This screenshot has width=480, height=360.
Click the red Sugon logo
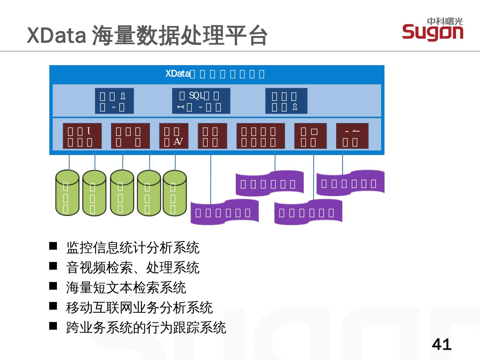coord(432,33)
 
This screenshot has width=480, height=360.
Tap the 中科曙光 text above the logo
coord(445,21)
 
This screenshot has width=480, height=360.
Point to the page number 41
coord(442,344)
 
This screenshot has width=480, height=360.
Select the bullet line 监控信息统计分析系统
coord(133,248)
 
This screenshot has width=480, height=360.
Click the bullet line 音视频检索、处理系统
coord(133,268)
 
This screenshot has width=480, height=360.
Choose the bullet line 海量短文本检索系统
coord(126,288)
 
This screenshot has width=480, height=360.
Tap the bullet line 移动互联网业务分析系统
coord(139,308)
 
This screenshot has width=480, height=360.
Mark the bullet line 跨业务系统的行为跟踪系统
coord(146,328)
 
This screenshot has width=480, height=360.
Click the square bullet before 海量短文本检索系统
coord(53,286)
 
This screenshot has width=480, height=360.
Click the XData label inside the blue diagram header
coord(178,74)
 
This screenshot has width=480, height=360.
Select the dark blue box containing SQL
coord(201,101)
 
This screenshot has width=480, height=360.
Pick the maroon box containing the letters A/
coord(174,136)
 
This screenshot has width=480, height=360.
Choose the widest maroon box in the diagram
coord(261,136)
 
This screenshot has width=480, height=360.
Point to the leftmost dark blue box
coord(114,101)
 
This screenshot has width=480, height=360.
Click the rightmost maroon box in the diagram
coord(352,136)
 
